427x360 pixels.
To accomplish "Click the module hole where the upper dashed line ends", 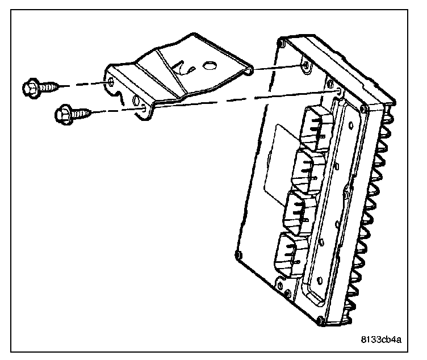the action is [306, 67].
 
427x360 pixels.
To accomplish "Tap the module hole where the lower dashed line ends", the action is [338, 90].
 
